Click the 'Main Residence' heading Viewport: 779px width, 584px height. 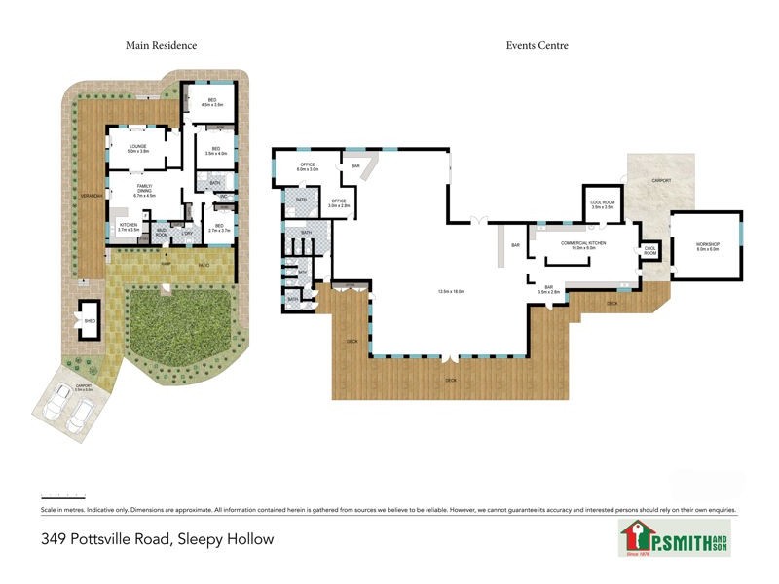(161, 45)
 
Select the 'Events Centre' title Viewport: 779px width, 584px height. (537, 45)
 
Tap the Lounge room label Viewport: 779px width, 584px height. (137, 149)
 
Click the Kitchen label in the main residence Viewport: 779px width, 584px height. (129, 227)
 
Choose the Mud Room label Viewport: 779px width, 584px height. (162, 233)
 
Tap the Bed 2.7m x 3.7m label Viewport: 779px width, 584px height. (218, 229)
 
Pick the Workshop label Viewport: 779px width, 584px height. (707, 246)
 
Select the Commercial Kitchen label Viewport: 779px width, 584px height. (584, 245)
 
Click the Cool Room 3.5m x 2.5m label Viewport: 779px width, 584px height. (603, 204)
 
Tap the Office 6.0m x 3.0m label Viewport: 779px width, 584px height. (308, 167)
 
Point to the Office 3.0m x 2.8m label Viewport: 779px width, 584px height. (338, 204)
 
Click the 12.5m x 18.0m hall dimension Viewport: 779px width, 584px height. (451, 291)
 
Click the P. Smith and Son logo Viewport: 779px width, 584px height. (675, 538)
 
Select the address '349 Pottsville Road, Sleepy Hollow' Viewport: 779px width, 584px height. (157, 538)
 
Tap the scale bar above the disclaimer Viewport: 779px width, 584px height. (63, 496)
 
